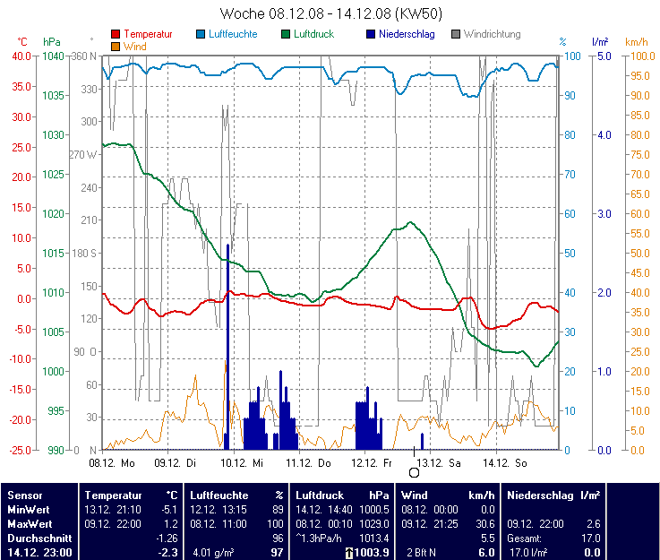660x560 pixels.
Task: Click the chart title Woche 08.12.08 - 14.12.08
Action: click(330, 13)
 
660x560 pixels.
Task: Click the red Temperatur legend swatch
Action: click(116, 34)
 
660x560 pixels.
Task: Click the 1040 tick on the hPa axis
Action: click(53, 56)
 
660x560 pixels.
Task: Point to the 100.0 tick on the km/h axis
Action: click(636, 56)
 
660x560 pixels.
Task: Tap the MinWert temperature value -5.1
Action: click(167, 509)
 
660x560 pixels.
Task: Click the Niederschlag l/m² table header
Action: click(553, 495)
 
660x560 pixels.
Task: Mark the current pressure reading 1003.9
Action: click(371, 553)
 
